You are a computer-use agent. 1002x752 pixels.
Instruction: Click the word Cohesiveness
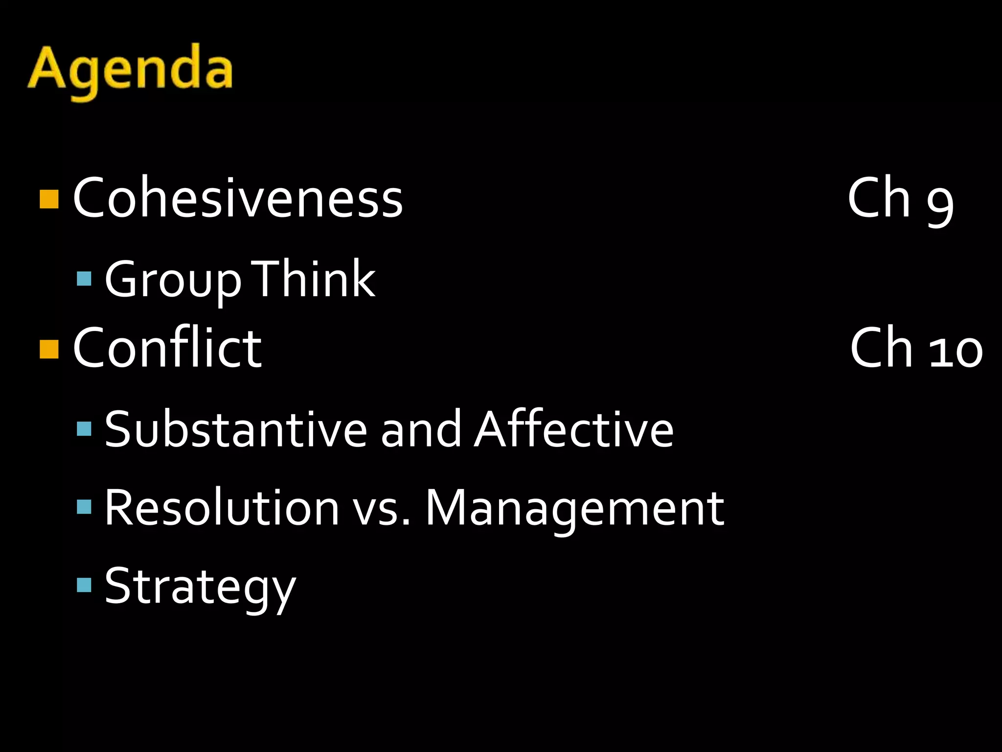238,198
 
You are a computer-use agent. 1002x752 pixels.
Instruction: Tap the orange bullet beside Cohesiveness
49,199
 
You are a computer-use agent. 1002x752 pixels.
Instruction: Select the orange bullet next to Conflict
49,349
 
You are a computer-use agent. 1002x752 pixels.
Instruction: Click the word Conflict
167,348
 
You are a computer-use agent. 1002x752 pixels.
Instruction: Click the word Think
313,278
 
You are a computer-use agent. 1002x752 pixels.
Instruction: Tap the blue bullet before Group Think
84,279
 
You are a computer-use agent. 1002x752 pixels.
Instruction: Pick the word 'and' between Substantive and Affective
421,429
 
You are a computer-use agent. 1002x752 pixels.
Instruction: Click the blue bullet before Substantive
84,429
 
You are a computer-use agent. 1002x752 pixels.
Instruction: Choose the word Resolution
222,508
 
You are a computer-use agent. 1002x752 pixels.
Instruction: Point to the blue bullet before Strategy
84,585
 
